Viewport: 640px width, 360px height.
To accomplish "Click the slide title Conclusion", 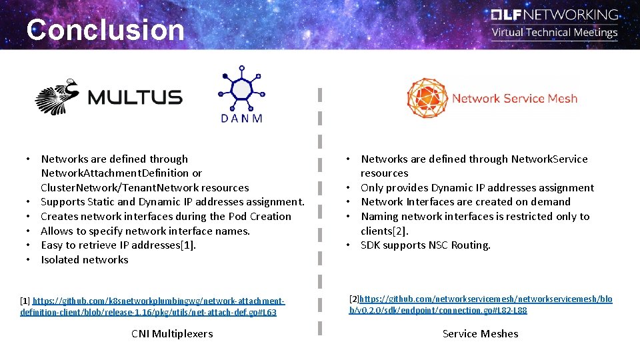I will (105, 30).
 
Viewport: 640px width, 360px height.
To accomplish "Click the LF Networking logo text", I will (555, 15).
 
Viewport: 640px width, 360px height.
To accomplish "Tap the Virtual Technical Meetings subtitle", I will (555, 33).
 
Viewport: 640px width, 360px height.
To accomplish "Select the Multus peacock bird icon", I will (59, 97).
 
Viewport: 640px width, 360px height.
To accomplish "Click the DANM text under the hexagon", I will (241, 118).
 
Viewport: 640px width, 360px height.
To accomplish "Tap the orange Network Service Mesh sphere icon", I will (427, 98).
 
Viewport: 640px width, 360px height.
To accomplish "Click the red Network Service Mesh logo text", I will (514, 99).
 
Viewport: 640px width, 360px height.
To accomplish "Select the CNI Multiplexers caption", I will (172, 333).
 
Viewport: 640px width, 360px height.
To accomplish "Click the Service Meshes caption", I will (480, 333).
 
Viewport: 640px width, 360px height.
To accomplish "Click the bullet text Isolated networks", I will (85, 259).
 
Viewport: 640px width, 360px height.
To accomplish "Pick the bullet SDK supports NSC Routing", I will (425, 245).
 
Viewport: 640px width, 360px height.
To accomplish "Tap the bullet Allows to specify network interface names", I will (145, 231).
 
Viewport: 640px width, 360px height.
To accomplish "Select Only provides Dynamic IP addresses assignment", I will (477, 187).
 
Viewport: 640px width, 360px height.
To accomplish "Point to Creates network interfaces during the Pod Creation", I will (166, 216).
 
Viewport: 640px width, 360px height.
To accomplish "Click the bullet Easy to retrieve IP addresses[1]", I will (119, 245).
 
